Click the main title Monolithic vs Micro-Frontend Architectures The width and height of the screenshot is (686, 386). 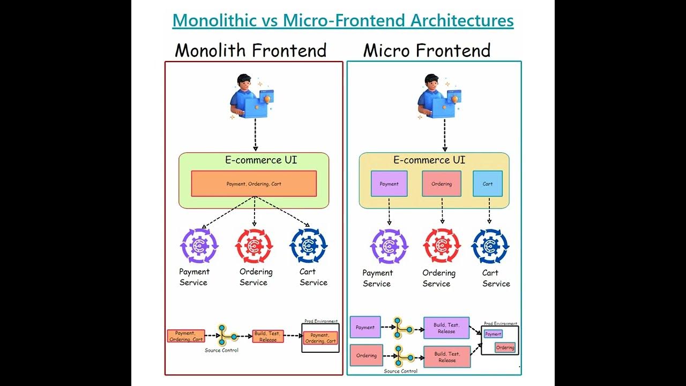(x=343, y=20)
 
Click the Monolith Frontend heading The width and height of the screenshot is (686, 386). (x=250, y=50)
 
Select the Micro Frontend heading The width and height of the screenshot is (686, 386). (x=427, y=50)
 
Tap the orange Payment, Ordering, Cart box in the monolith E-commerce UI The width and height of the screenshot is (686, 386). (x=253, y=184)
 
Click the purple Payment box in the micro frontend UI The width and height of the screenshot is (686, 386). (x=389, y=184)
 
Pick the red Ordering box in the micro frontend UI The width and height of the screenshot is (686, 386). (x=442, y=184)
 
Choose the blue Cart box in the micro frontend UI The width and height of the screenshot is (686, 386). (x=488, y=184)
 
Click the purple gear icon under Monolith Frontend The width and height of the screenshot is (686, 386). (x=199, y=246)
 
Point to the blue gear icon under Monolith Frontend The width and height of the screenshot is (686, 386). (x=308, y=246)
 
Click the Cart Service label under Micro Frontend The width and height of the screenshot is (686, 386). (x=496, y=278)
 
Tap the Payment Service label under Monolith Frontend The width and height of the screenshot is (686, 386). (x=194, y=277)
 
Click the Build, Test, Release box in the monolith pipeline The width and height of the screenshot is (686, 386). (x=268, y=336)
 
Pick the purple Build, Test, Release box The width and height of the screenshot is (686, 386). (x=446, y=328)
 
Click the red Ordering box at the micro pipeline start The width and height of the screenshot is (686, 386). (x=366, y=355)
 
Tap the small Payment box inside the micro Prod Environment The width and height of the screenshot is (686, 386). (x=493, y=334)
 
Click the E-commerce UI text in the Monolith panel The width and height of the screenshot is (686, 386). (x=260, y=160)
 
